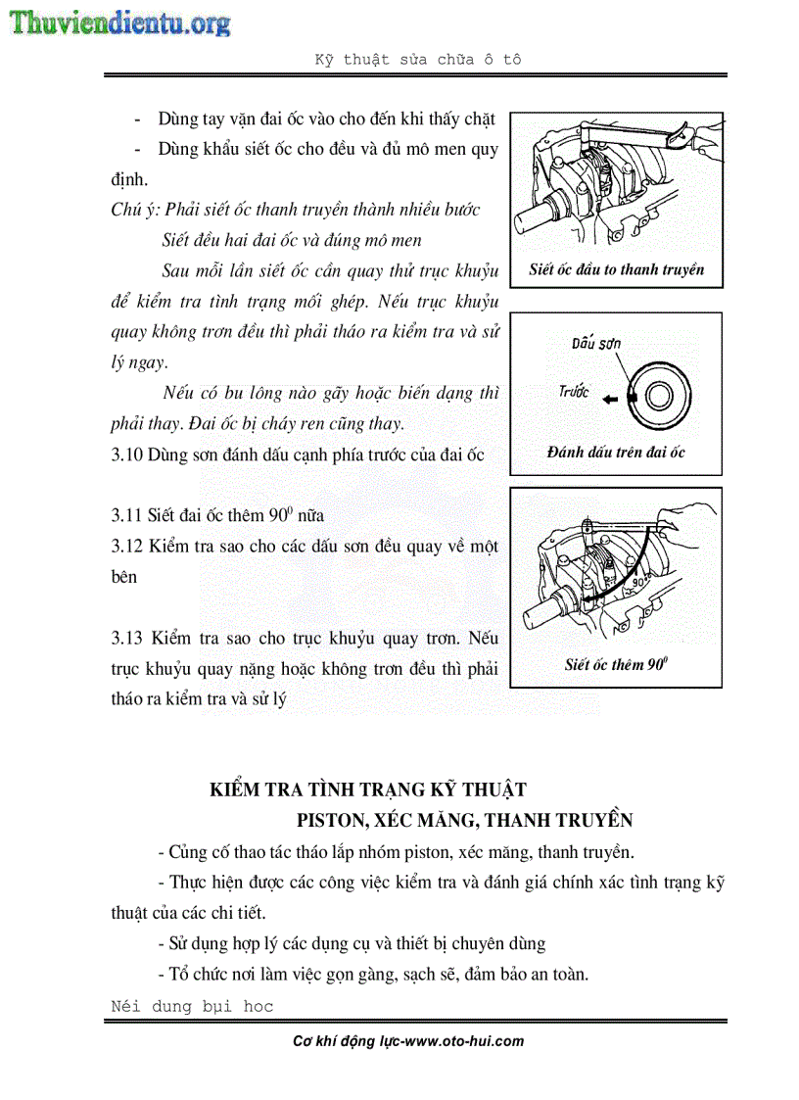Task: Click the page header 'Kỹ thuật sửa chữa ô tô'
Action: click(417, 59)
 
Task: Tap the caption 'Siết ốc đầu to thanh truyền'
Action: click(616, 270)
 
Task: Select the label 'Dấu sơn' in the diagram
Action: click(596, 343)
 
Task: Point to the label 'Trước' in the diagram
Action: click(574, 391)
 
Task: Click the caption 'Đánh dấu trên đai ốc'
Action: click(616, 452)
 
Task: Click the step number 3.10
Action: click(127, 454)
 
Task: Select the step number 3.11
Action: click(127, 515)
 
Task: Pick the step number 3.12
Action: click(127, 546)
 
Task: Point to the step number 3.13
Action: click(127, 639)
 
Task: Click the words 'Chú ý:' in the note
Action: click(135, 211)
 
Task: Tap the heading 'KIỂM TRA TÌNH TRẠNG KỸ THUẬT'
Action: click(369, 789)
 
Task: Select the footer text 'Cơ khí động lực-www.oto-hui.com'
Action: click(408, 1041)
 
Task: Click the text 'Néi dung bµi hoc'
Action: click(192, 1006)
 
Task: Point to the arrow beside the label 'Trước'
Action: click(612, 399)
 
